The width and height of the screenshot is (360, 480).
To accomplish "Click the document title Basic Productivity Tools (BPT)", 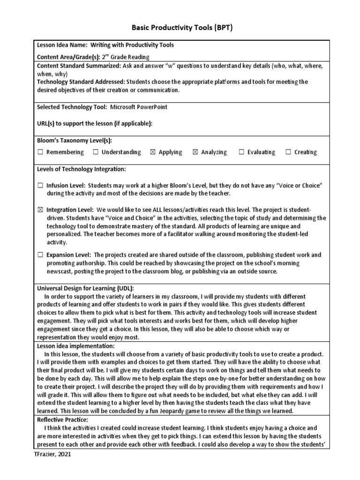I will tap(180, 28).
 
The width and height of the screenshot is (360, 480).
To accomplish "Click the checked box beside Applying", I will tap(152, 152).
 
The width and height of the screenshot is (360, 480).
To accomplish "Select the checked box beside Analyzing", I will tap(195, 152).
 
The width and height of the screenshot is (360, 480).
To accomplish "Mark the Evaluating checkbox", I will tap(241, 152).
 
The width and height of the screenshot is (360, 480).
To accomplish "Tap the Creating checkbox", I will tap(288, 152).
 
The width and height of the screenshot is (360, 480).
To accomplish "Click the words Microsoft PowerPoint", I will tap(139, 107).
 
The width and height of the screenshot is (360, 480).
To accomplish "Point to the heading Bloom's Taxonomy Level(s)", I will tap(75, 140).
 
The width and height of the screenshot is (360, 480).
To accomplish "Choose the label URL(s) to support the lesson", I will tap(94, 123).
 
